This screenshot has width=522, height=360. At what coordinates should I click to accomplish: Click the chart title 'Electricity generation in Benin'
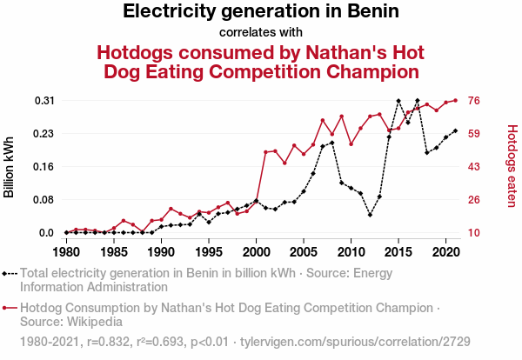[x=261, y=12]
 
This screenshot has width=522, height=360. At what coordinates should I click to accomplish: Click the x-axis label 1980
[x=66, y=252]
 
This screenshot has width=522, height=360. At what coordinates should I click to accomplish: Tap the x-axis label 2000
[x=256, y=252]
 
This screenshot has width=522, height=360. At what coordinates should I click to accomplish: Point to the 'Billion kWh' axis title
[x=10, y=166]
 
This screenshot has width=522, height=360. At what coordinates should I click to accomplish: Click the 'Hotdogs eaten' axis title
[x=512, y=166]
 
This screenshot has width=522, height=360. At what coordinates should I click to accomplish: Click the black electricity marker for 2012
[x=370, y=214]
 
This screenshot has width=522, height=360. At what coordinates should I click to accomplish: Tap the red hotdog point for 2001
[x=265, y=152]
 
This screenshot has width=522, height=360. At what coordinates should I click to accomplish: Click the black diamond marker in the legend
[x=8, y=273]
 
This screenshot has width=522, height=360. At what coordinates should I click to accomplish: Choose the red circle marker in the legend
[x=8, y=308]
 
